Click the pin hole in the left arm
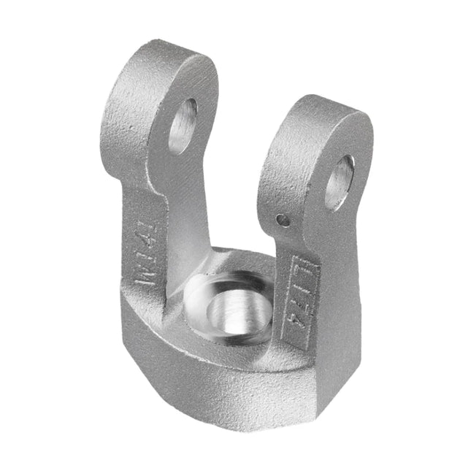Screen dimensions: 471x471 point(183,126)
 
